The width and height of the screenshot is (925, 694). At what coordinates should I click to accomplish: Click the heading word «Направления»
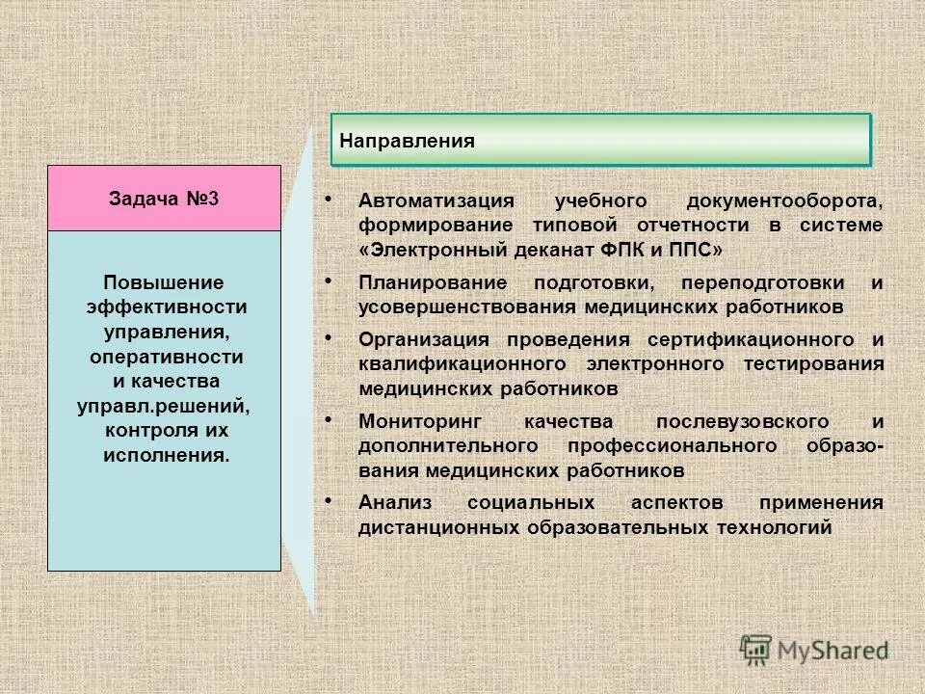tap(407, 141)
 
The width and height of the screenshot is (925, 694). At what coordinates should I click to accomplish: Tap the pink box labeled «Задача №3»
tap(164, 199)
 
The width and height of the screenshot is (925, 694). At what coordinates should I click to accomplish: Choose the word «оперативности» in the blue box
tap(166, 356)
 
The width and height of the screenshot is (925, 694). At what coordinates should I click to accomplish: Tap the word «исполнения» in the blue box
tap(166, 453)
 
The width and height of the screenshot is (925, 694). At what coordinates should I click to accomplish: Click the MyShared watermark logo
tap(815, 648)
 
